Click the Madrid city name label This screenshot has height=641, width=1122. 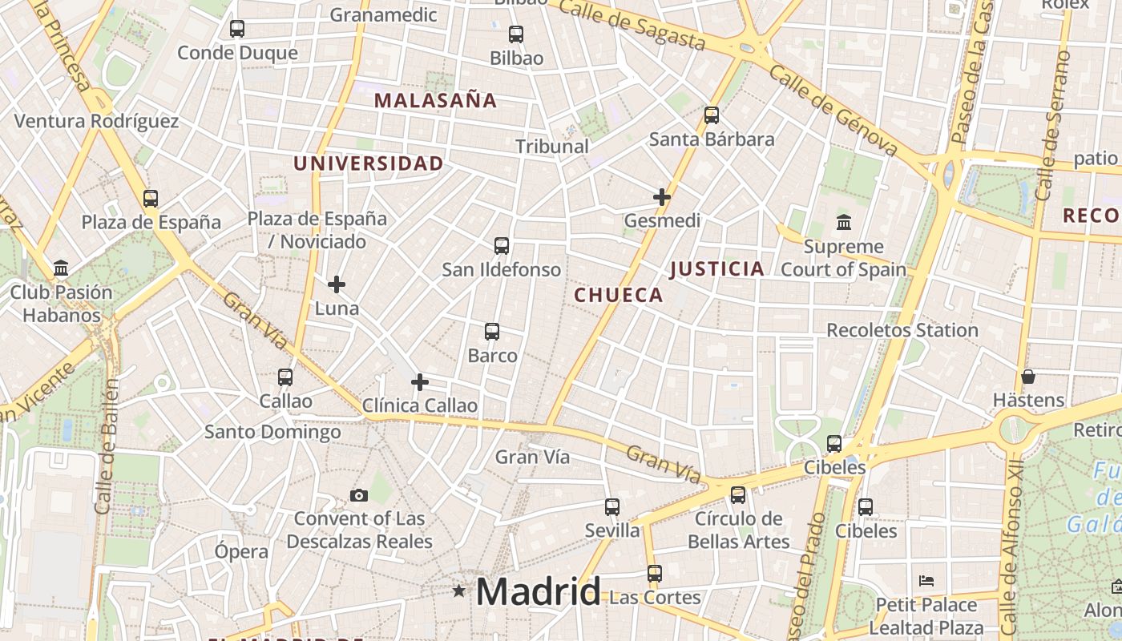click(x=538, y=592)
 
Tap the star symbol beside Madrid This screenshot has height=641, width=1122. click(x=458, y=591)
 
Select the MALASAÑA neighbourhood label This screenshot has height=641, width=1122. click(x=435, y=101)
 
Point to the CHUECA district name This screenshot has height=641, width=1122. click(x=619, y=296)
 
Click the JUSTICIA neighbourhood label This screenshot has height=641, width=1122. click(x=716, y=269)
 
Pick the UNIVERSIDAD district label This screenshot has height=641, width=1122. click(x=368, y=163)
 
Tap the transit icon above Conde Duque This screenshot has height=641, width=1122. click(x=236, y=29)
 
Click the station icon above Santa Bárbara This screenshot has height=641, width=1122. click(x=712, y=115)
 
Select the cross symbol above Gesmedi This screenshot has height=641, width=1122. click(x=662, y=197)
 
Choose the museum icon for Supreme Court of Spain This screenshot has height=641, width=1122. click(x=843, y=222)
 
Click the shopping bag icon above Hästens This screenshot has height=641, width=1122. click(x=1028, y=376)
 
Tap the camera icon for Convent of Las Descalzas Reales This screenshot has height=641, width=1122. click(x=359, y=495)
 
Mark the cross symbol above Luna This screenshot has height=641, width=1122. click(x=337, y=284)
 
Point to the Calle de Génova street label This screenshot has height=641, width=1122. click(x=833, y=110)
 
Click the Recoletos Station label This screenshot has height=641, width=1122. click(x=902, y=330)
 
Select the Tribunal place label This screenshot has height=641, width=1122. click(x=551, y=147)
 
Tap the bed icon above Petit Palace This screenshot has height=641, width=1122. click(x=926, y=580)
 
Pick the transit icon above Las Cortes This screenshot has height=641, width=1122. click(x=655, y=574)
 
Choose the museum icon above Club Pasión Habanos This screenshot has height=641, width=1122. click(x=61, y=268)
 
